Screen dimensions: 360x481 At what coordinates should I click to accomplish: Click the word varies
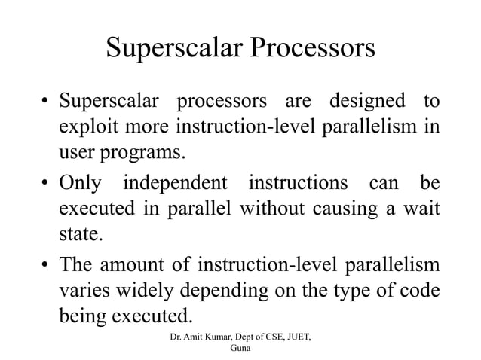pos(84,291)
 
